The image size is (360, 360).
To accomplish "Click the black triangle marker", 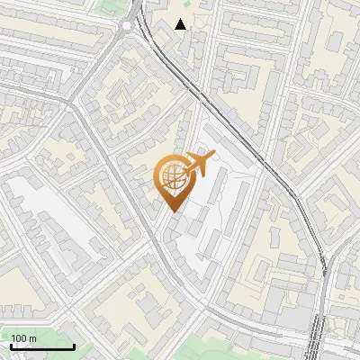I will (181, 24).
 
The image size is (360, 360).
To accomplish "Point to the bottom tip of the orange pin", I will (174, 211).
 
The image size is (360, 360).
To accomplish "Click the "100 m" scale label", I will (24, 338).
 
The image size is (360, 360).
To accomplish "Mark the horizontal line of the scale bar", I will (42, 347).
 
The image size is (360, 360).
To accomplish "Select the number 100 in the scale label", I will (20, 338).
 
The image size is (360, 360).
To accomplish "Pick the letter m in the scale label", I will (33, 338).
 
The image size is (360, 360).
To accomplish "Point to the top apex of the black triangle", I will (181, 19).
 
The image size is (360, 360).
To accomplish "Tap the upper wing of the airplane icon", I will (200, 157).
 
